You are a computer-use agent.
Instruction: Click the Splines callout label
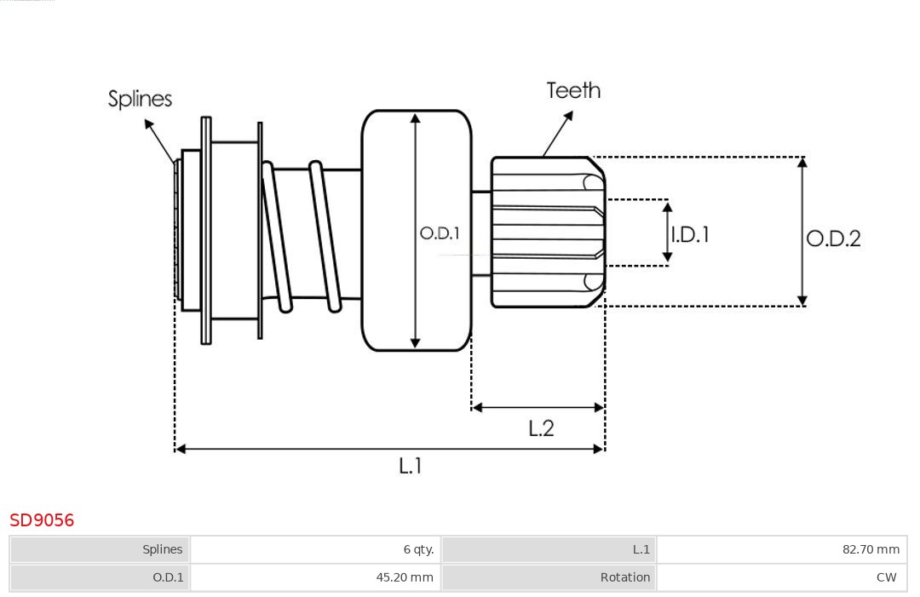click(x=140, y=99)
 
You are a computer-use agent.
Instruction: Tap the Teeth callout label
click(x=573, y=90)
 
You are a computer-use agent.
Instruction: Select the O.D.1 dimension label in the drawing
click(x=440, y=232)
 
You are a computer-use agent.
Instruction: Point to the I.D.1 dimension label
click(x=690, y=233)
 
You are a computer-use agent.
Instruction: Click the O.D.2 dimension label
click(x=833, y=238)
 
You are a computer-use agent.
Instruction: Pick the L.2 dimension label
click(x=541, y=428)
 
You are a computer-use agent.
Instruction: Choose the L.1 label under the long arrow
click(x=411, y=465)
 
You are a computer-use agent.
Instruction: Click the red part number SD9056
click(x=42, y=520)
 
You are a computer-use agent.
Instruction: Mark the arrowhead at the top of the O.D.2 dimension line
click(x=802, y=162)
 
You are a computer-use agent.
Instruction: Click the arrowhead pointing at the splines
click(x=148, y=124)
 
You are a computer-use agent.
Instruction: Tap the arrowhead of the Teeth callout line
click(x=569, y=114)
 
